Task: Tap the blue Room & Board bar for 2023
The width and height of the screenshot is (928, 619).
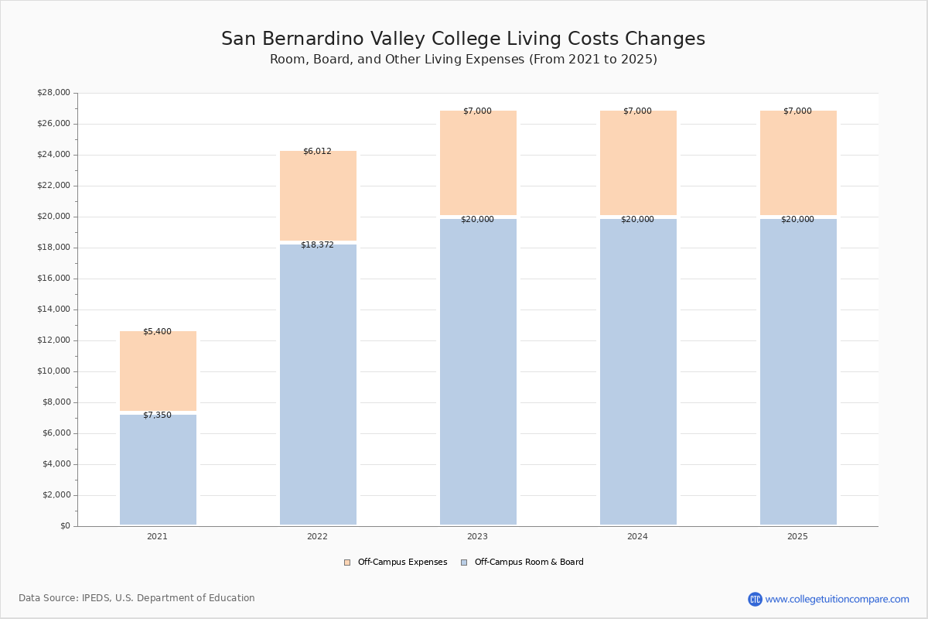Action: click(x=478, y=371)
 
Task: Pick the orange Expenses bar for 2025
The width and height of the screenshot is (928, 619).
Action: click(x=798, y=162)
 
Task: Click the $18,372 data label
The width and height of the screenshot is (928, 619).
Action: click(x=317, y=245)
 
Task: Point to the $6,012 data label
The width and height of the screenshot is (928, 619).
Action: click(x=317, y=152)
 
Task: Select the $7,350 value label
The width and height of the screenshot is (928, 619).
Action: click(x=157, y=416)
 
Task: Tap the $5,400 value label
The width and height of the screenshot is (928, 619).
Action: click(x=157, y=332)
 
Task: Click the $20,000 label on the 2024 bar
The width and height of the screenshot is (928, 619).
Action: click(x=637, y=220)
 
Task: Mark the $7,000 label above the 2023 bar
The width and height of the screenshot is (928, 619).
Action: click(x=477, y=111)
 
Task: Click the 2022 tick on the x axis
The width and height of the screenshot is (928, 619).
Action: click(x=317, y=536)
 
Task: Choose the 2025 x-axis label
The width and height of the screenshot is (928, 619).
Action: click(x=797, y=536)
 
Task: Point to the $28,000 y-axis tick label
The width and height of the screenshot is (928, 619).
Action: click(x=53, y=93)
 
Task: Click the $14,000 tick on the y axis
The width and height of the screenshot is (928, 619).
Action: click(x=53, y=309)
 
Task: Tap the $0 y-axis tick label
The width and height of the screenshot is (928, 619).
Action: click(x=65, y=526)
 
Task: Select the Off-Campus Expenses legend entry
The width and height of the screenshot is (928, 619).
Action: click(x=396, y=563)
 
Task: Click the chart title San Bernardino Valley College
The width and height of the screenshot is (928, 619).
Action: click(x=462, y=39)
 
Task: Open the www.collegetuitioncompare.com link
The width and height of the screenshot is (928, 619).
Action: click(x=837, y=599)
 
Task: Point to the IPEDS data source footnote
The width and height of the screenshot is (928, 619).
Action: click(x=137, y=598)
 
